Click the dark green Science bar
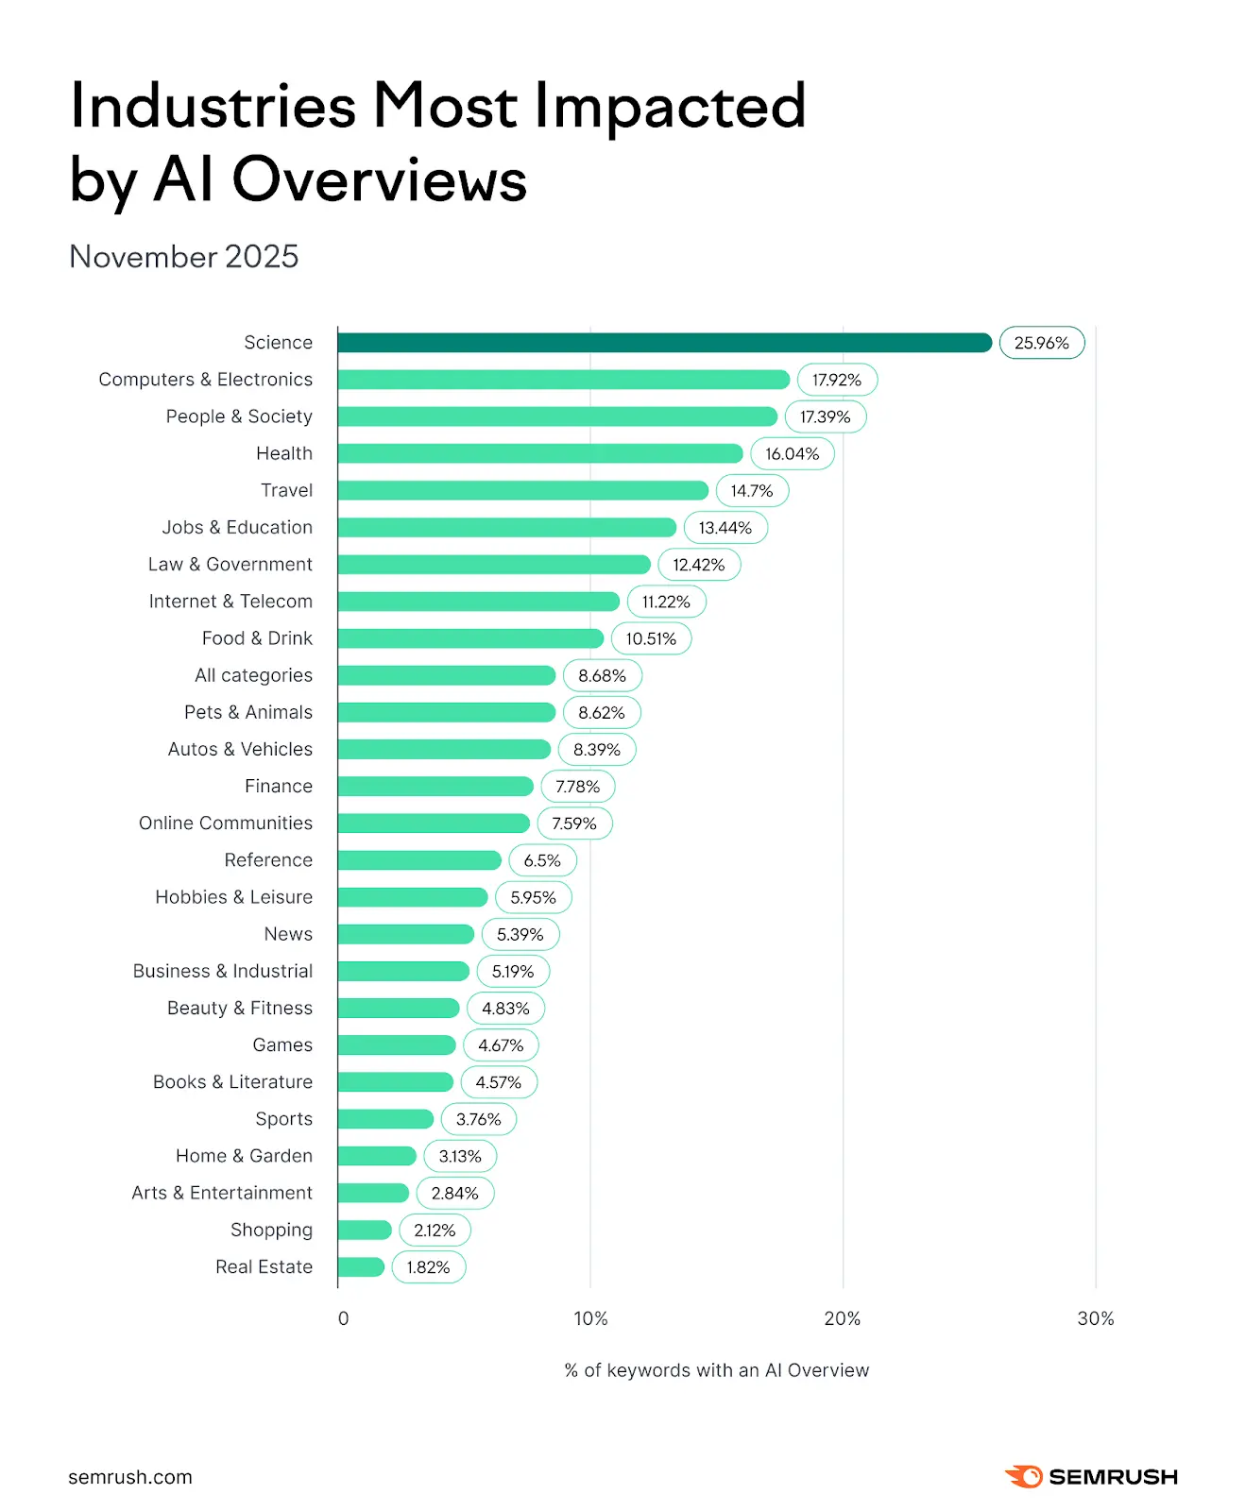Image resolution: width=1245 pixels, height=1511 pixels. coord(664,343)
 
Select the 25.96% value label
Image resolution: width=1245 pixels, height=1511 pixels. coord(1041,343)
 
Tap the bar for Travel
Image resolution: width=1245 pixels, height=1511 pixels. coord(522,490)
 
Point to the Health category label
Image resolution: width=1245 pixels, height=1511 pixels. coord(283,453)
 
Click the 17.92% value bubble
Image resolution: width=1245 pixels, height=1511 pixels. coord(837,380)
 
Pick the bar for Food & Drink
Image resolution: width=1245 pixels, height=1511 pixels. coord(469,638)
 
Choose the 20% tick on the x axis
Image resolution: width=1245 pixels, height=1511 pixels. coord(842,1318)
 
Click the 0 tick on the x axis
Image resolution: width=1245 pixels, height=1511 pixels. coord(343,1318)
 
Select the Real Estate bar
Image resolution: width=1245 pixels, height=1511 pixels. coord(361,1267)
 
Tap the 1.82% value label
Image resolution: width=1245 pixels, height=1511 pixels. coord(428,1267)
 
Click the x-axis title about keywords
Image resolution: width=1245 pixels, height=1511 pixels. coord(716,1370)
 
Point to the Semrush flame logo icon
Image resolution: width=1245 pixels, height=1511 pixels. coord(1024,1476)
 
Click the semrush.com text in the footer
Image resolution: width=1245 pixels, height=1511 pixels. coord(130,1477)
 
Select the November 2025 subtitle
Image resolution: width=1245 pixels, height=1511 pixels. coord(184,257)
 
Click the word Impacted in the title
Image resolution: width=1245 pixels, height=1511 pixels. coord(670,106)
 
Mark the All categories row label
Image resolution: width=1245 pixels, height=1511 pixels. coord(253,675)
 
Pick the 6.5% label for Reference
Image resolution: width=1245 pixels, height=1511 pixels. coord(542,860)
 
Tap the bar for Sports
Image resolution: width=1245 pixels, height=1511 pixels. coord(385,1119)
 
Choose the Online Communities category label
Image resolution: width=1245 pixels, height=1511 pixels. coord(225,823)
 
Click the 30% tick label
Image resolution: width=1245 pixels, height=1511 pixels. coord(1095,1318)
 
